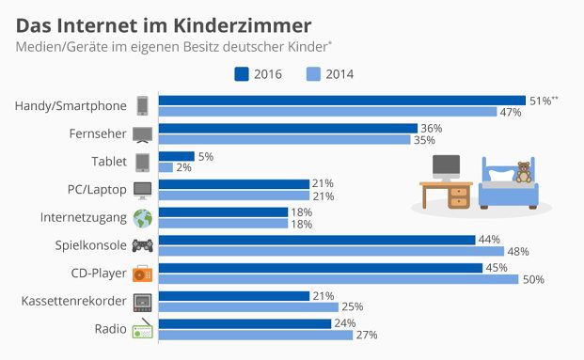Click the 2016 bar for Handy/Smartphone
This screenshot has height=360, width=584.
click(341, 100)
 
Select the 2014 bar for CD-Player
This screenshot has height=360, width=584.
click(338, 279)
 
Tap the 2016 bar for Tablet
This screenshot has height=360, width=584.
click(176, 156)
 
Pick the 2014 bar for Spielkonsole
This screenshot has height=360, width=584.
click(331, 251)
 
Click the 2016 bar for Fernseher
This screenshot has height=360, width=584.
click(287, 128)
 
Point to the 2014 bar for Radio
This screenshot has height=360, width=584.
click(255, 335)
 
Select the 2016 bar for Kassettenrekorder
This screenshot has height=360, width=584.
click(233, 295)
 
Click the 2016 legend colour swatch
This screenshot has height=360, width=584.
click(240, 73)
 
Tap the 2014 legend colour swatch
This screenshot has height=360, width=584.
click(314, 73)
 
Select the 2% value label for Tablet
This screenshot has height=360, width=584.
click(184, 167)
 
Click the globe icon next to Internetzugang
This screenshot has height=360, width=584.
click(143, 218)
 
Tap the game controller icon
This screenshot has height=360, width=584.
click(143, 246)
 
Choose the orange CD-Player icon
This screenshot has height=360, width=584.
click(143, 274)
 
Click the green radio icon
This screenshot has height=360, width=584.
click(143, 330)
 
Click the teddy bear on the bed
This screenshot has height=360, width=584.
click(524, 171)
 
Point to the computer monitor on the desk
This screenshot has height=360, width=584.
click(446, 167)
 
